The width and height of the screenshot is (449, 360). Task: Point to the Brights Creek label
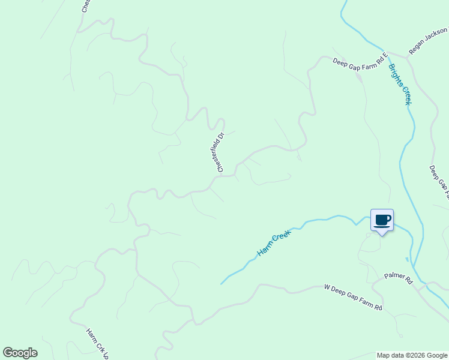tap(400, 84)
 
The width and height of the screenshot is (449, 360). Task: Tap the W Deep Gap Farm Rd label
tap(353, 298)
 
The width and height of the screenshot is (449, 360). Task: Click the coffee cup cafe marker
tap(382, 221)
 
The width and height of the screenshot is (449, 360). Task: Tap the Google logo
tap(20, 353)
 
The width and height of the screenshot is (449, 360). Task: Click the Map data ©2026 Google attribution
tap(411, 355)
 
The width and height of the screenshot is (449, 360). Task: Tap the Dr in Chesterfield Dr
tap(221, 136)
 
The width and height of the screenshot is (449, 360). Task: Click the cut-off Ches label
tap(85, 6)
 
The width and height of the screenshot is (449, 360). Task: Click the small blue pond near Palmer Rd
tap(407, 259)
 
